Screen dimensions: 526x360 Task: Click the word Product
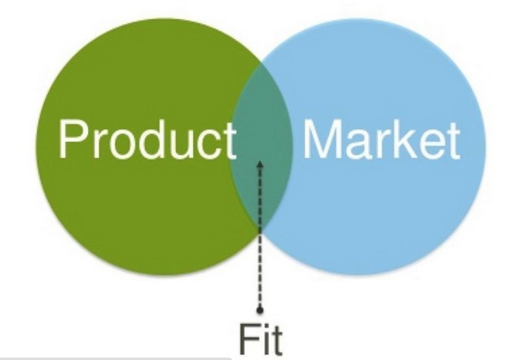146,140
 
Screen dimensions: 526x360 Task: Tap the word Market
380,140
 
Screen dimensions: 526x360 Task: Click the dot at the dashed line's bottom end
261,310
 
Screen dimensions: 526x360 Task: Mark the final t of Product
226,141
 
